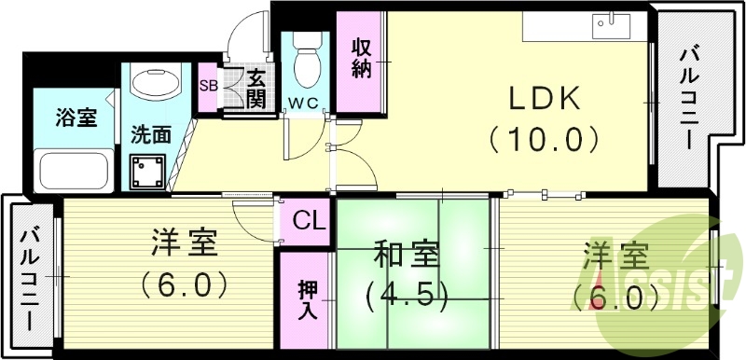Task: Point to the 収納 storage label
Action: pyautogui.click(x=361, y=56)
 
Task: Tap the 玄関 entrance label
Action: pyautogui.click(x=255, y=87)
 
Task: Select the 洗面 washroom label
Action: pyautogui.click(x=151, y=133)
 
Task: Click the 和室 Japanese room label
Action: pyautogui.click(x=407, y=254)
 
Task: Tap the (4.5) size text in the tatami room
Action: pyautogui.click(x=408, y=296)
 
